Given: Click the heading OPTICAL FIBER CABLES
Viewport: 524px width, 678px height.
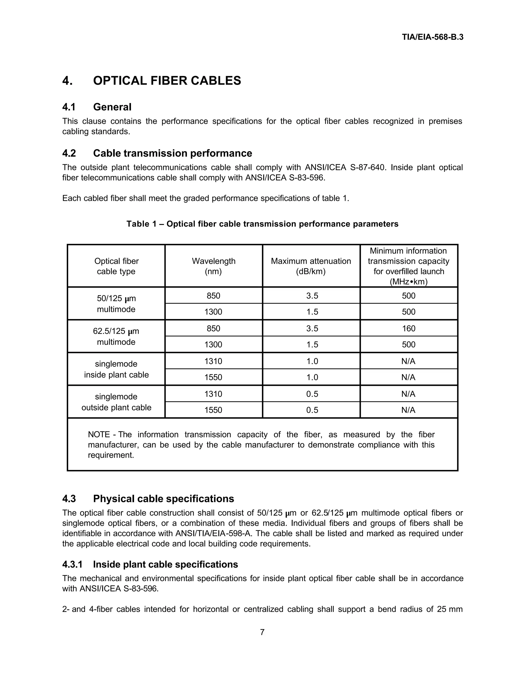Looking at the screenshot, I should click(167, 81).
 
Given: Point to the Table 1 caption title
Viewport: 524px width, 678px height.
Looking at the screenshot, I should click(262, 224).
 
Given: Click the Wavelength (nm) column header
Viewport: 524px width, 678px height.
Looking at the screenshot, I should click(214, 266).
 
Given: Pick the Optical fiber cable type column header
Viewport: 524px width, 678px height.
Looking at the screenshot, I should click(116, 266).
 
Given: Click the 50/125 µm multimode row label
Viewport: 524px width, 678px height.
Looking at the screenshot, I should click(116, 304).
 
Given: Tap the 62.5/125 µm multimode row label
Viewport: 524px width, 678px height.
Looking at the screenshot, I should click(116, 336).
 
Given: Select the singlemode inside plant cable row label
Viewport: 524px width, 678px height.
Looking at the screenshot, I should click(116, 369).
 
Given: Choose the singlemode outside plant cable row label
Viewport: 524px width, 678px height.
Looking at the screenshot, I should click(116, 402).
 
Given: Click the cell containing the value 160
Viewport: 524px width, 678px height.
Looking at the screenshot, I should click(409, 329).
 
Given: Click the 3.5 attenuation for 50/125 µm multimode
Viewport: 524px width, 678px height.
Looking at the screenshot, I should click(312, 296).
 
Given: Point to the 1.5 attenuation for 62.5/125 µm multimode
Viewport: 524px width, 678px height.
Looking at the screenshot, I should click(312, 345).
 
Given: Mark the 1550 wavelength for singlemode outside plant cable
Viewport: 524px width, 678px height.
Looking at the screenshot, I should click(213, 410).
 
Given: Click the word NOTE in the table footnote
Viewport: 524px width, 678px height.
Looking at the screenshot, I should click(99, 435).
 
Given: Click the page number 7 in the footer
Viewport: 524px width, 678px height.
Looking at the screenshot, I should click(262, 632).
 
